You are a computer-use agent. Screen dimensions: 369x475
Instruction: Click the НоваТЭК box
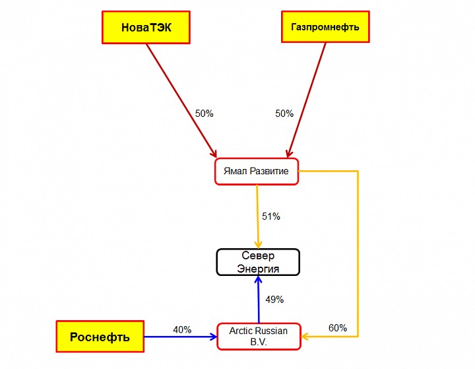[x=146, y=28]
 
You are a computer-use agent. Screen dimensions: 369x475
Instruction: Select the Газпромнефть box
[x=325, y=28]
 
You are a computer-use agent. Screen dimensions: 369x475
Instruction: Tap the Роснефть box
[x=100, y=337]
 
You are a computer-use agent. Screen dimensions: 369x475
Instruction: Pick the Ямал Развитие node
[x=257, y=172]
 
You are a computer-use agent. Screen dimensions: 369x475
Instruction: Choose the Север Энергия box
[x=258, y=262]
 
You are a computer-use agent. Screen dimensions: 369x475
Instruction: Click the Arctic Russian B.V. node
[x=259, y=336]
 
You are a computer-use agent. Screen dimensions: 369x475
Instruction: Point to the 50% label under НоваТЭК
[x=204, y=114]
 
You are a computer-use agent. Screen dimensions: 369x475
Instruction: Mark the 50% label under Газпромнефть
[x=284, y=114]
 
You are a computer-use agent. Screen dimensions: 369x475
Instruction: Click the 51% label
[x=271, y=217]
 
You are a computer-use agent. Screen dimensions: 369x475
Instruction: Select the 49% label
[x=274, y=300]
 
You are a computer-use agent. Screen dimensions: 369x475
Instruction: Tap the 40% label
[x=182, y=329]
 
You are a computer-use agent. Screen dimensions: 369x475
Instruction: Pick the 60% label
[x=338, y=328]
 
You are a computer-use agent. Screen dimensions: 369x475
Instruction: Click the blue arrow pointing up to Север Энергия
[x=259, y=300]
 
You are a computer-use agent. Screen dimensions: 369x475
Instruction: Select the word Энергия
[x=258, y=269]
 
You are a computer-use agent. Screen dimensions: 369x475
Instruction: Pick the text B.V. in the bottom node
[x=258, y=343]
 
